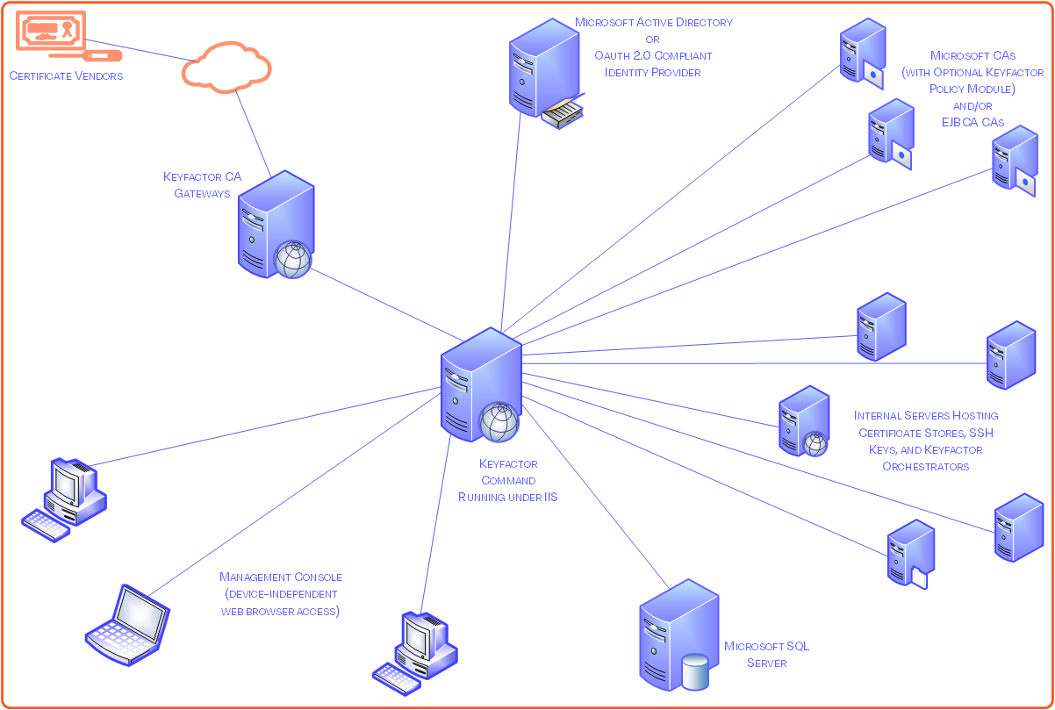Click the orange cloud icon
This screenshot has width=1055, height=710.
[227, 68]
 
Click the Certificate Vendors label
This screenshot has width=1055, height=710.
[67, 76]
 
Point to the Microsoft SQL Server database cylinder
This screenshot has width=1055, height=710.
[695, 672]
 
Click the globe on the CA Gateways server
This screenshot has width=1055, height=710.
[293, 260]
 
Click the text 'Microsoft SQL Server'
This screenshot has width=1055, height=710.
[766, 655]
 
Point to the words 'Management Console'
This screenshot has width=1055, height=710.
[281, 577]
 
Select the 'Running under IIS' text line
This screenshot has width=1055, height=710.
[507, 497]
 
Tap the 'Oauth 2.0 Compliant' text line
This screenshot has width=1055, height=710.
[653, 55]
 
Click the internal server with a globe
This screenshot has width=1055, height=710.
[802, 420]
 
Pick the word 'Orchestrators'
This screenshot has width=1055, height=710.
[925, 467]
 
